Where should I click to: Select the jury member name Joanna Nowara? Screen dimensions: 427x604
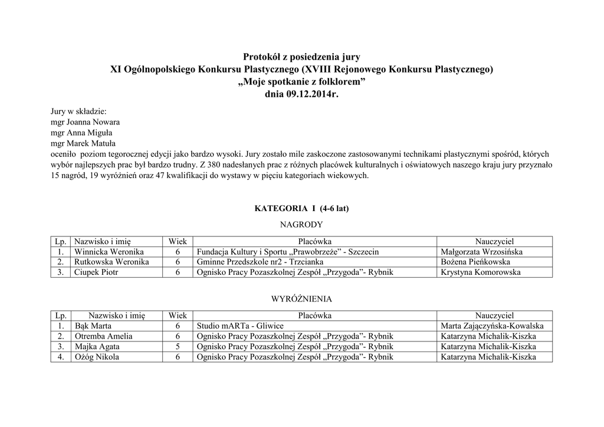(x=94, y=121)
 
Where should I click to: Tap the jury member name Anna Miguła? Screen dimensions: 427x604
(x=92, y=132)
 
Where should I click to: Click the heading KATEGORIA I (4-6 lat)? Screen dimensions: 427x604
(x=301, y=208)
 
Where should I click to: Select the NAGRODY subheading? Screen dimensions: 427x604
(x=301, y=224)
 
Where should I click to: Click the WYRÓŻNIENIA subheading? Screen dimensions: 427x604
(x=301, y=299)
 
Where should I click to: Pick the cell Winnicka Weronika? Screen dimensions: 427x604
(x=109, y=252)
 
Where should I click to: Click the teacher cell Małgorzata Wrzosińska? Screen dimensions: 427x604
(x=481, y=252)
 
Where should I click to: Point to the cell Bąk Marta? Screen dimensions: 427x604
(x=93, y=326)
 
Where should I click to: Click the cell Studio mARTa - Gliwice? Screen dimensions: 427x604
(x=240, y=326)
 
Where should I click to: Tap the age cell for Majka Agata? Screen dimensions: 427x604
(x=178, y=347)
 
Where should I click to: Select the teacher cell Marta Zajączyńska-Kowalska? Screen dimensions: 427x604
(x=492, y=326)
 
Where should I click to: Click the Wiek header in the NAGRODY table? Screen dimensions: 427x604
(x=178, y=241)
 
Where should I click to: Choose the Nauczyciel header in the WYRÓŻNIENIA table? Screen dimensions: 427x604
(x=495, y=316)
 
